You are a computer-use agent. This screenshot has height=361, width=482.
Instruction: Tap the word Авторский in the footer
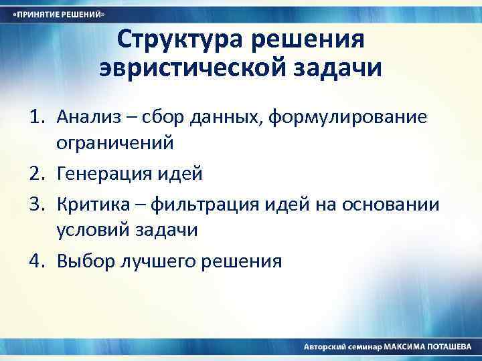click(326, 348)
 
